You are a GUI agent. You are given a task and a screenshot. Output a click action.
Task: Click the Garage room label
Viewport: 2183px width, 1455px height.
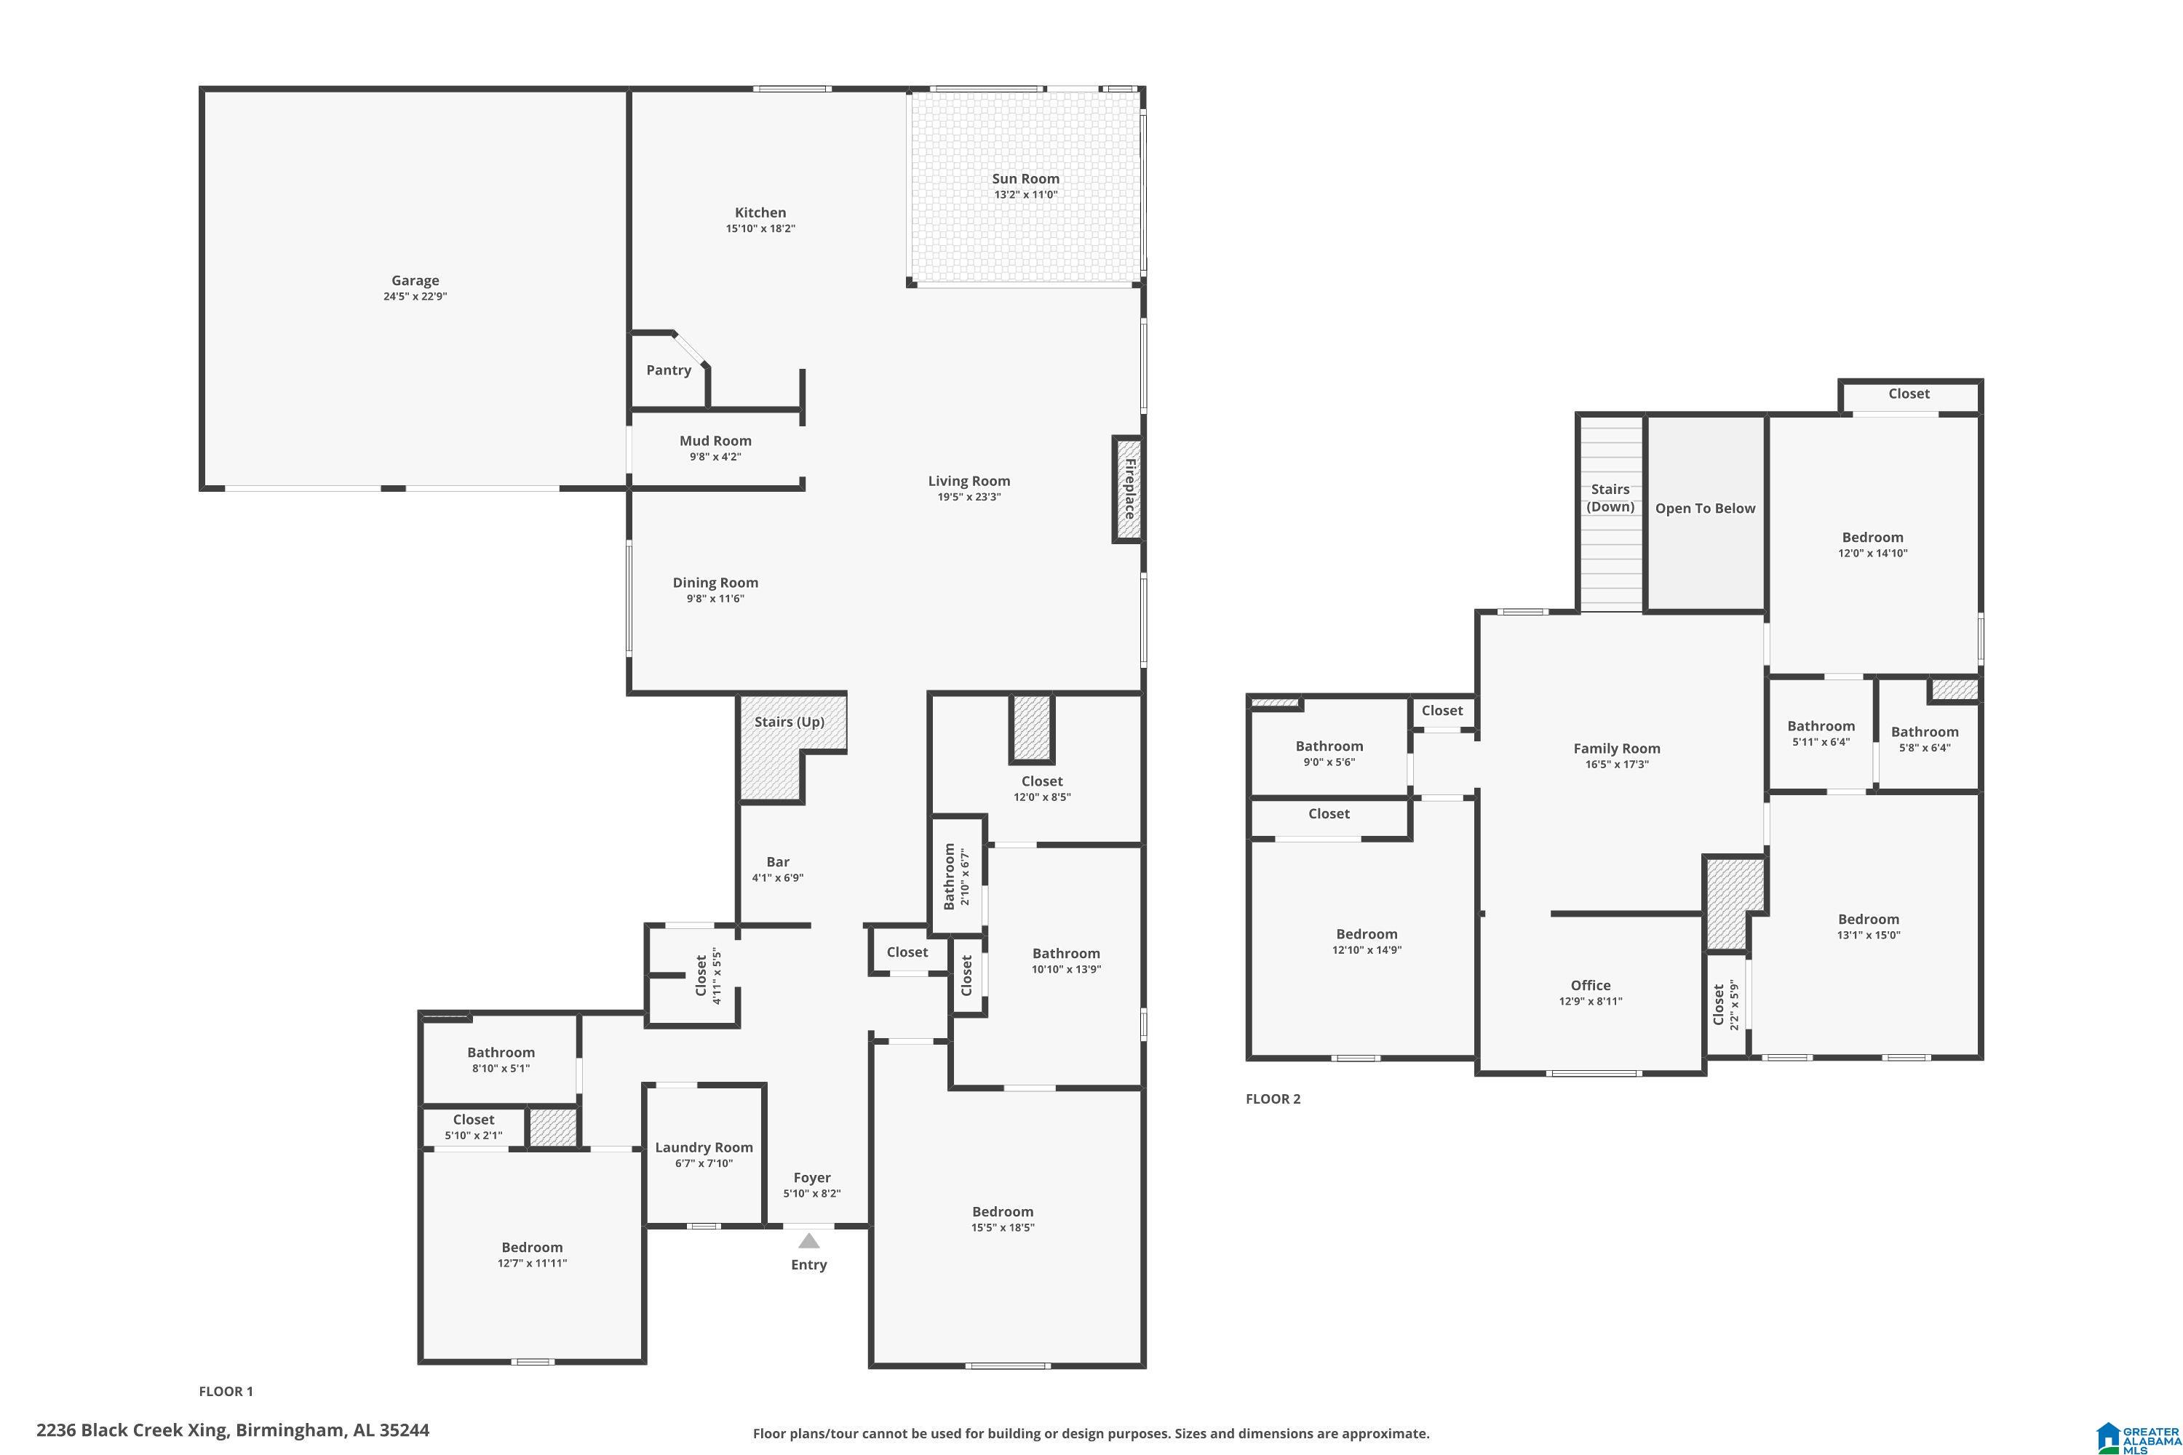tap(415, 280)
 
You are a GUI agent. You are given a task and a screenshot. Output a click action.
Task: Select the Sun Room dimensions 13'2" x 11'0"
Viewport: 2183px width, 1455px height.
tap(1025, 195)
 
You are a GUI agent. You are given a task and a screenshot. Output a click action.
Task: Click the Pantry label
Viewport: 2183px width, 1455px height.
tap(668, 370)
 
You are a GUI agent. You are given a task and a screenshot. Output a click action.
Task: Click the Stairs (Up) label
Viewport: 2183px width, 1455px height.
tap(789, 722)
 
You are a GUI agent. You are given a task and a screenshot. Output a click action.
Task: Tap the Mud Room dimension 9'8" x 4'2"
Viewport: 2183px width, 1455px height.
tap(715, 457)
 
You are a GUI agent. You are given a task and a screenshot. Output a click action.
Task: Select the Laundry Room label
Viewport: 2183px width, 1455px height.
tap(704, 1148)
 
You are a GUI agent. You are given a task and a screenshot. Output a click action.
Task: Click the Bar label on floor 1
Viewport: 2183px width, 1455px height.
tap(778, 862)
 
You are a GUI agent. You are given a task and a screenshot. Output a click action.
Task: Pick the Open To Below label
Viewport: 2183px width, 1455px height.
tap(1705, 509)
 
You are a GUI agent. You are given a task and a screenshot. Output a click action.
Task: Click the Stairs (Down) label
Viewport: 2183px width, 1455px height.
tap(1610, 498)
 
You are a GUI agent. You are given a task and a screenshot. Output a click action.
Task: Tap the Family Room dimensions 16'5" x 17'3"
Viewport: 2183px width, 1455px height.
tap(1617, 765)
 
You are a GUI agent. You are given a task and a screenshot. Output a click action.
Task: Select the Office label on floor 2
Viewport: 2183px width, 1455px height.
tap(1591, 986)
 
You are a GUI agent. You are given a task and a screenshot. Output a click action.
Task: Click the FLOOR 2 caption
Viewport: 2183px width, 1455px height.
tap(1273, 1099)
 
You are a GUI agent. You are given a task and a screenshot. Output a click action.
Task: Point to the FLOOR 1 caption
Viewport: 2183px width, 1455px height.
tap(226, 1391)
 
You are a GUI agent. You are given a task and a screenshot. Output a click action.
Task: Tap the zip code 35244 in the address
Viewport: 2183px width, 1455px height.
tap(405, 1430)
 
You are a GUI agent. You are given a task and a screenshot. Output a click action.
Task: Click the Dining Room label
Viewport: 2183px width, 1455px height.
tap(715, 583)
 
